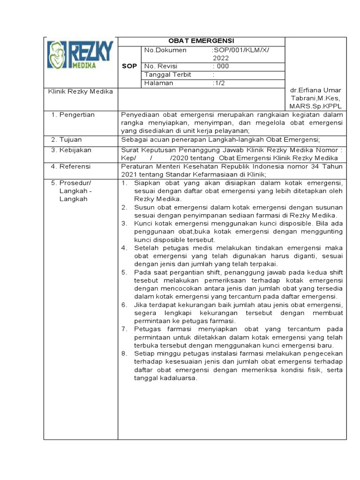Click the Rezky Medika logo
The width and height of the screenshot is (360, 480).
(80, 56)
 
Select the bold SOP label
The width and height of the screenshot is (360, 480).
(129, 66)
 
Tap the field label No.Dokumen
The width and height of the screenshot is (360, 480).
(165, 50)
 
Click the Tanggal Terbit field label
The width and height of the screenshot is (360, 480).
(165, 75)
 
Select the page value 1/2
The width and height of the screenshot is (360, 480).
(219, 83)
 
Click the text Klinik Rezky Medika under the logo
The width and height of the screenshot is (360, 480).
(81, 91)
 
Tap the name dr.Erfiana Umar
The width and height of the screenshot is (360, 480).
(315, 90)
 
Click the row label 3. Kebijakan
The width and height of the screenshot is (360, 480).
(71, 150)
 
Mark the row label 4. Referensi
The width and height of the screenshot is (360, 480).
(71, 166)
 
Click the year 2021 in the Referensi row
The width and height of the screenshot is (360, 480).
(129, 174)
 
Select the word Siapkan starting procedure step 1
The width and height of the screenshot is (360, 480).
(146, 182)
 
